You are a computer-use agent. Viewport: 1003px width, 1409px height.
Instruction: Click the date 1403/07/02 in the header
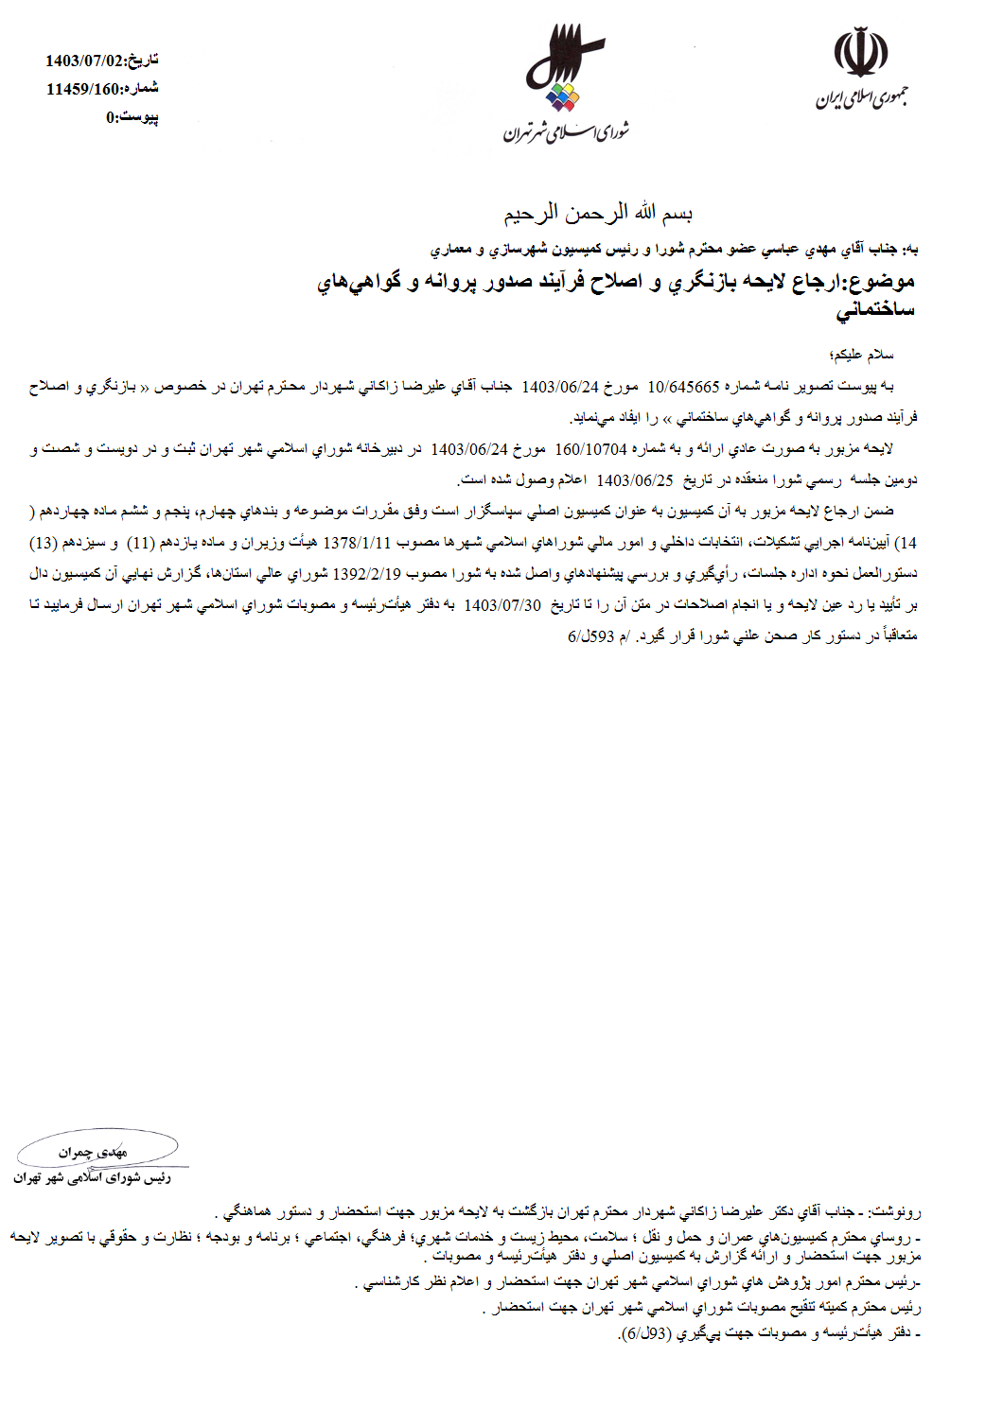84,61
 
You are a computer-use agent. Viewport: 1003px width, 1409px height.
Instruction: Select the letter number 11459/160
84,89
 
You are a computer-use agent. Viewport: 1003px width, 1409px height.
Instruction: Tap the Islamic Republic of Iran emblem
862,55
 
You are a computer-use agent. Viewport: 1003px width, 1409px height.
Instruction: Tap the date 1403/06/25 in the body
635,479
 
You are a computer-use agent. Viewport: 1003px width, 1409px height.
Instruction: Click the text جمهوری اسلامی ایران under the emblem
862,97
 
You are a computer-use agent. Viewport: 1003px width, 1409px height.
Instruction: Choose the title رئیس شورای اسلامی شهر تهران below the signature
92,1178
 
